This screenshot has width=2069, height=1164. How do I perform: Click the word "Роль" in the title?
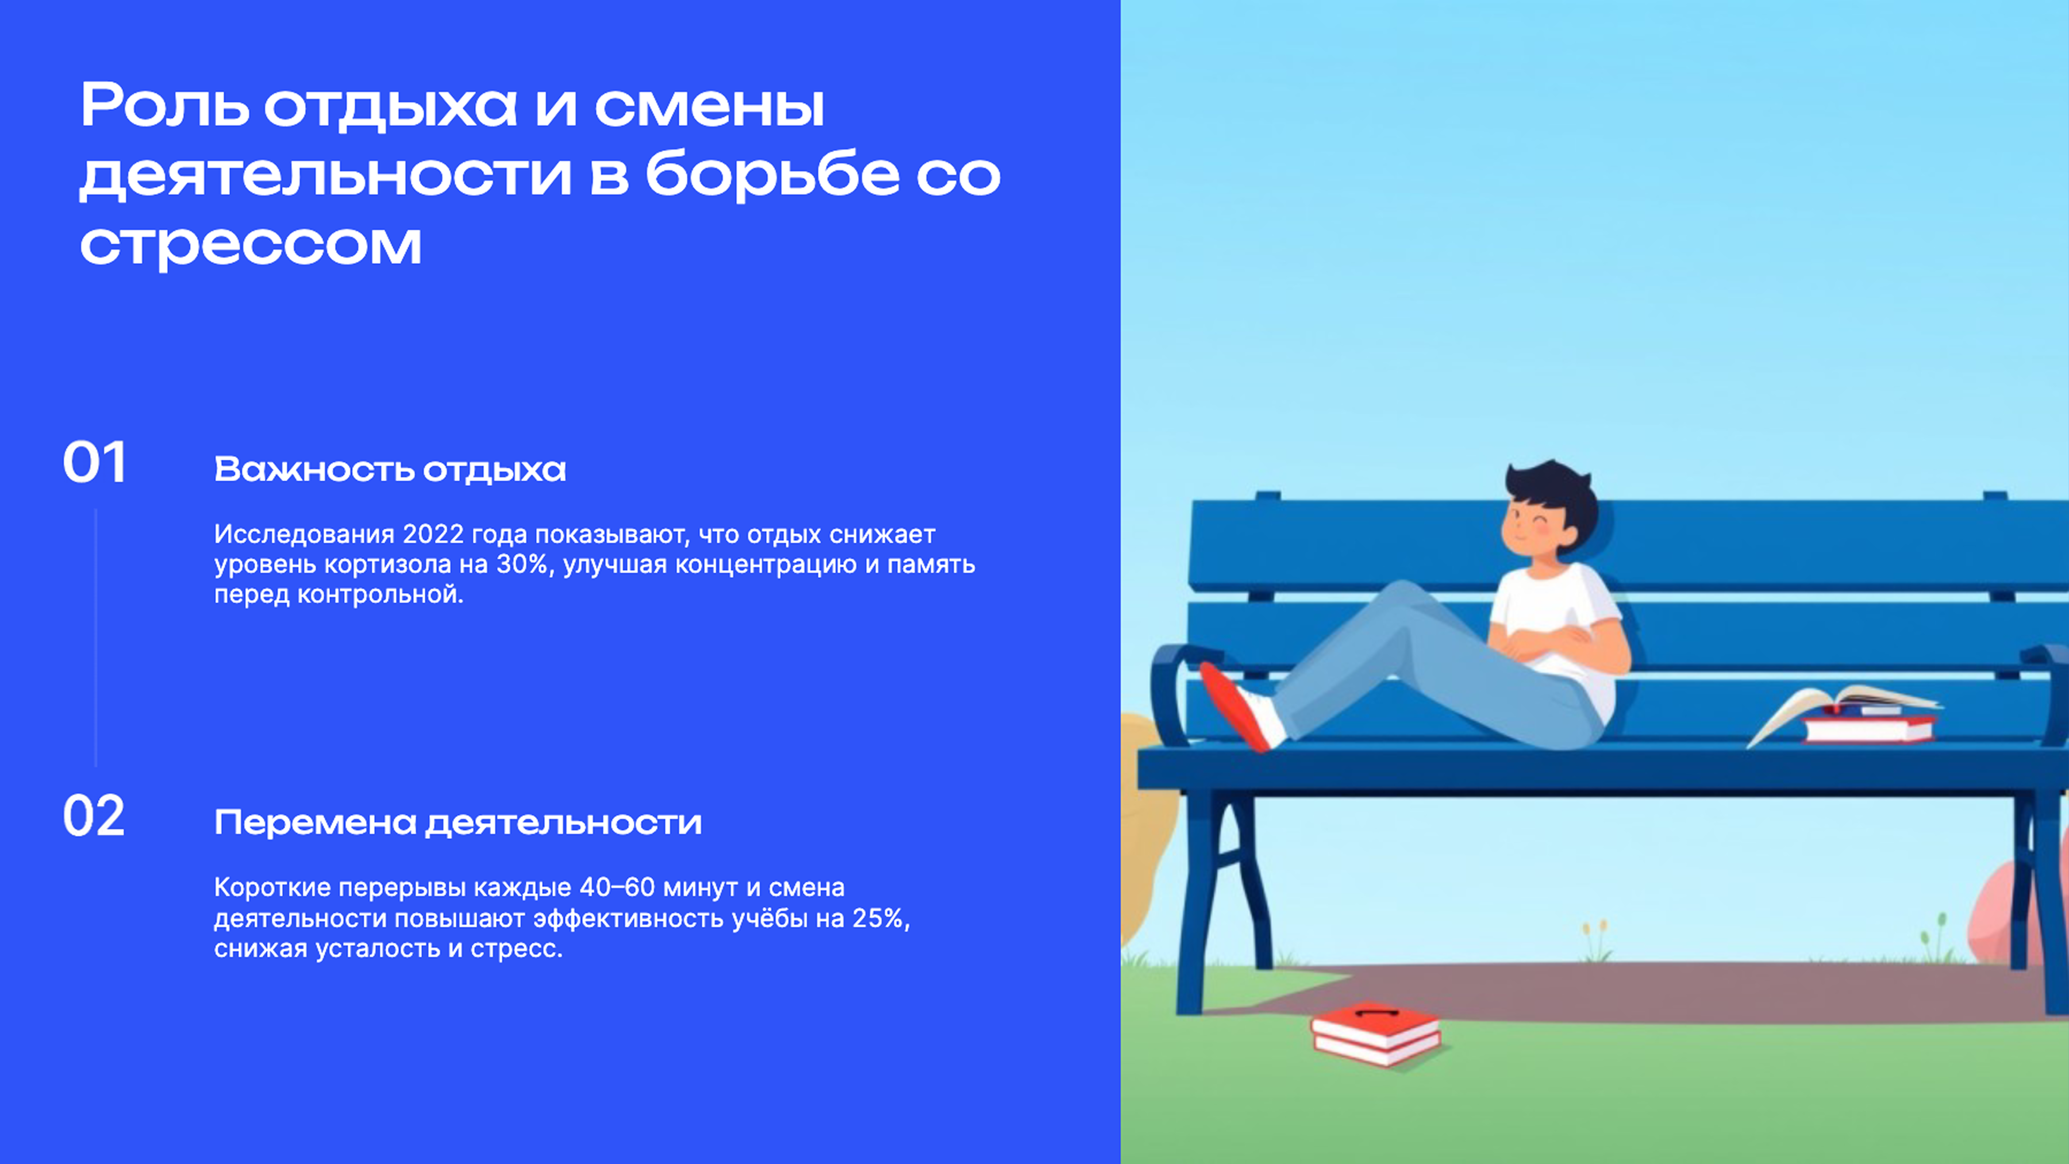click(x=164, y=106)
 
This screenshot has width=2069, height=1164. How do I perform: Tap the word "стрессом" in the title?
click(x=251, y=245)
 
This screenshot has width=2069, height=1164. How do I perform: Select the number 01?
click(x=95, y=463)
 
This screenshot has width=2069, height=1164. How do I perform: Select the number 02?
click(x=94, y=817)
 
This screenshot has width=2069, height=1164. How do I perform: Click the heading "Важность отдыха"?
click(x=390, y=470)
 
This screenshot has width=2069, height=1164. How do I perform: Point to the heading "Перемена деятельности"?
click(x=458, y=823)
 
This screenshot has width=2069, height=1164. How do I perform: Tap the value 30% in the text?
click(x=522, y=564)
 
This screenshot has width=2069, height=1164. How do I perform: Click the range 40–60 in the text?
click(x=617, y=888)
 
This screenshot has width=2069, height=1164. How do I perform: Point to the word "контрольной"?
click(x=380, y=596)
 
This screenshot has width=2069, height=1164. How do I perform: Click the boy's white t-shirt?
click(x=1558, y=610)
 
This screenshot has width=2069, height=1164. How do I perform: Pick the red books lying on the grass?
click(x=1376, y=1034)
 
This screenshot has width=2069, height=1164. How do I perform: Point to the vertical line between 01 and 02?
click(x=95, y=638)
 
